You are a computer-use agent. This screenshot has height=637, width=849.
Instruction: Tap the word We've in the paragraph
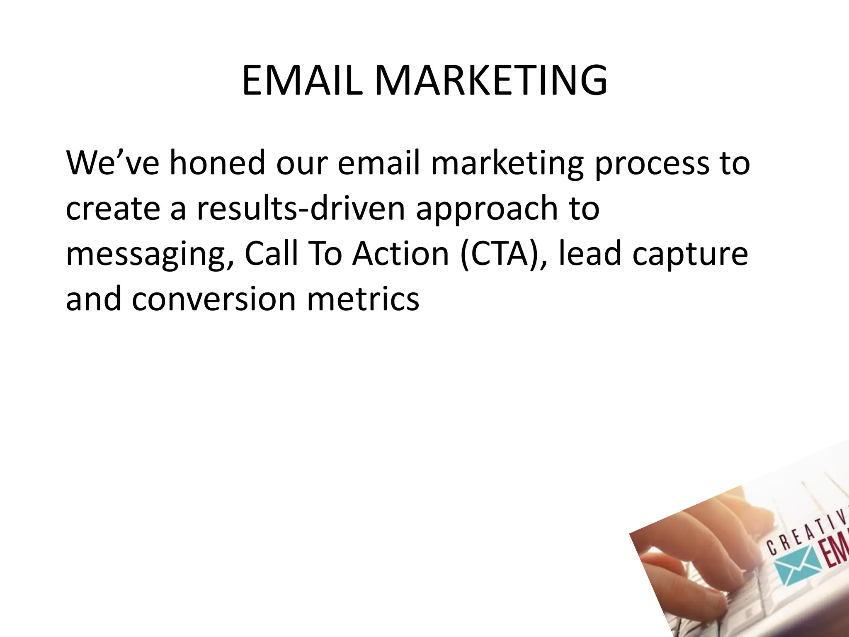[112, 163]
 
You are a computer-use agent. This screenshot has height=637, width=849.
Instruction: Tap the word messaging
[149, 255]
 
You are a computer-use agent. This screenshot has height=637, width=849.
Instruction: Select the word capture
[690, 255]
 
